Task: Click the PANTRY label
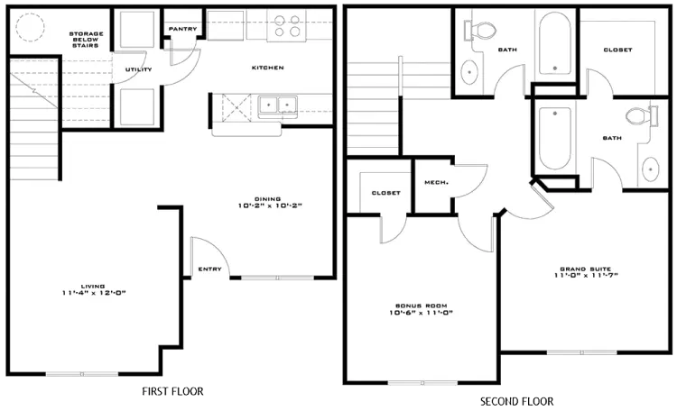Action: [182, 29]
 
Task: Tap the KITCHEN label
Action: [268, 68]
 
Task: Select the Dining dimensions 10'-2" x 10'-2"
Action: [270, 205]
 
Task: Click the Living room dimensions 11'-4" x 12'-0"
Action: [94, 293]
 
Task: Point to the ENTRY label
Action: [209, 269]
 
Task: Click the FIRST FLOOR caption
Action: [172, 391]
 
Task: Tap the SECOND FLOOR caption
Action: [517, 401]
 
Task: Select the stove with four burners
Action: [286, 26]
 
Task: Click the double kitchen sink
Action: [278, 105]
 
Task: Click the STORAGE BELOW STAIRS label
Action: [86, 40]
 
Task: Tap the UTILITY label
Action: [139, 69]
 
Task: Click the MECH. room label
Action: [437, 182]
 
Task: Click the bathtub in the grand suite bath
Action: [555, 138]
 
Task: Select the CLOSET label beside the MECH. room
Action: [386, 193]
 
